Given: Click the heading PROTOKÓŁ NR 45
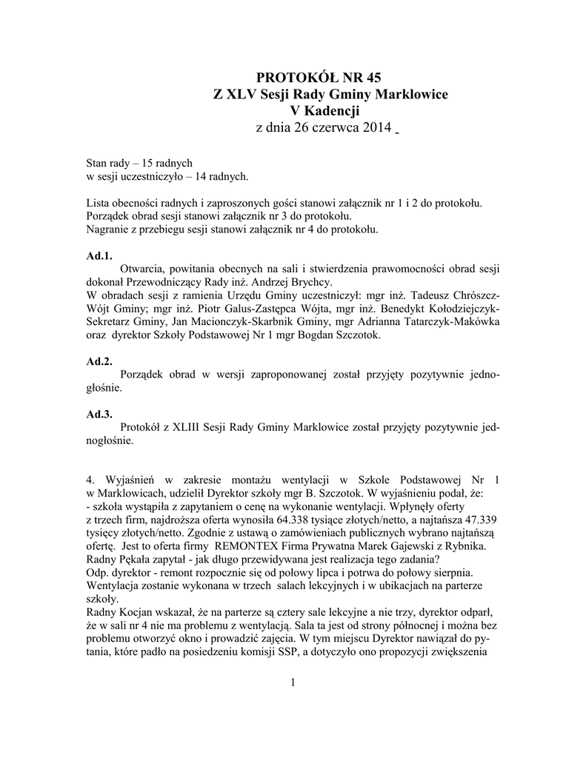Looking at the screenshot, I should tap(322, 78).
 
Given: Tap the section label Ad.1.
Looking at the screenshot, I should tap(99, 255).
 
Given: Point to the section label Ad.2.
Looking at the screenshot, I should tap(99, 361).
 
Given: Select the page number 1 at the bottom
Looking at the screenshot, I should tap(293, 682).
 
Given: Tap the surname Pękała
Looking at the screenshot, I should tap(139, 560).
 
